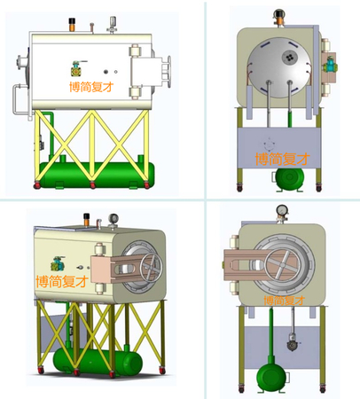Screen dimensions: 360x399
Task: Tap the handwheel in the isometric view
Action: coord(151,268)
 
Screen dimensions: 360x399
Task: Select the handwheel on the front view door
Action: coord(281,264)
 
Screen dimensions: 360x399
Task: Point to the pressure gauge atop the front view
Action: coord(282,210)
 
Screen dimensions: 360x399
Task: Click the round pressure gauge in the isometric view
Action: coord(113,219)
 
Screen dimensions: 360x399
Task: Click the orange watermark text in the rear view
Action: coord(282,159)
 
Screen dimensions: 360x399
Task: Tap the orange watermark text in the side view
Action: coord(91,87)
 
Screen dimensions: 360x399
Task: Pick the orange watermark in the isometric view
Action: coord(62,281)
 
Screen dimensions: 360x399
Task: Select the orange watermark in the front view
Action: coord(284,301)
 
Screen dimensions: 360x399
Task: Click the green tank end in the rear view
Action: coord(290,179)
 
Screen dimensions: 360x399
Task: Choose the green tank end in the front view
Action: coord(271,378)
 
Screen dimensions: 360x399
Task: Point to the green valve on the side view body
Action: coord(77,69)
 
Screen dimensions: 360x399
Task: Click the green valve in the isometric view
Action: coord(58,264)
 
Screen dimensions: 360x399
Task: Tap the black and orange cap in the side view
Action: coord(72,24)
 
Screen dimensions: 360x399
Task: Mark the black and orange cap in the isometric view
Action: coord(87,219)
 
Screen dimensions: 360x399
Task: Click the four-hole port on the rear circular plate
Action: coord(289,57)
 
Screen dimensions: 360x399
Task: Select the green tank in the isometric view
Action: coord(98,361)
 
